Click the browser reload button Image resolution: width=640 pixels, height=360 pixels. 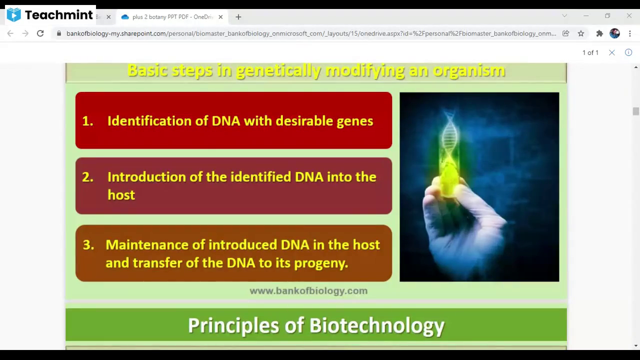point(40,33)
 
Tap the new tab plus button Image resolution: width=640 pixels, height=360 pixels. point(238,17)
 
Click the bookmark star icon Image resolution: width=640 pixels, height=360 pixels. point(581,33)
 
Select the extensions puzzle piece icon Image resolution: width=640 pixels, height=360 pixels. point(599,33)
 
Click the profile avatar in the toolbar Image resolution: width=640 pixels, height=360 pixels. point(614,33)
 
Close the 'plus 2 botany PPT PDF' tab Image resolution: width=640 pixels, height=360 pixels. point(220,17)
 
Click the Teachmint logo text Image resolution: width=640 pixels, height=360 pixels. point(59,15)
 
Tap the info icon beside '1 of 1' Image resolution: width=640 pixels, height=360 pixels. point(628,52)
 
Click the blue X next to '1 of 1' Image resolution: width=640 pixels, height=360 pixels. point(611,52)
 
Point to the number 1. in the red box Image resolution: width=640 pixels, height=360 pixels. point(87,121)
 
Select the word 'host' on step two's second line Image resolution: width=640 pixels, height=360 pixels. point(121,195)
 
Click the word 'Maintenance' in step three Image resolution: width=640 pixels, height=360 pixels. point(147,245)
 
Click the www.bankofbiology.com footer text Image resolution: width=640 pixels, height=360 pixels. point(308,291)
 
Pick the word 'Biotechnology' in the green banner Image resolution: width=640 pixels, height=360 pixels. point(377,325)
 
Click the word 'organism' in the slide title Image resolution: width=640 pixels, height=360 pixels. point(469,70)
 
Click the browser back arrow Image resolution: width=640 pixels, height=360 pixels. point(10,33)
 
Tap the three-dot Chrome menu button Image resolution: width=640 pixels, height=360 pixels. point(630,33)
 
